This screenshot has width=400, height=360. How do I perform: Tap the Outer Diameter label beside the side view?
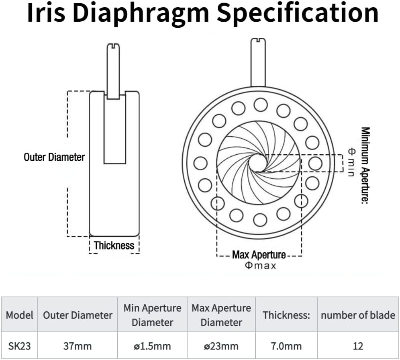(54, 157)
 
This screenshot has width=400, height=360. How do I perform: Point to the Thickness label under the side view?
(114, 245)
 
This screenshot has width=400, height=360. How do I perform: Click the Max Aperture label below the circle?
(259, 255)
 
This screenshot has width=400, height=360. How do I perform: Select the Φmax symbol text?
(260, 266)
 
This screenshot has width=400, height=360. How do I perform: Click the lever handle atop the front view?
(259, 62)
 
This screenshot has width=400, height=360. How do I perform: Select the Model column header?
(19, 315)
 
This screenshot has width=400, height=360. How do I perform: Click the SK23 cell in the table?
(19, 346)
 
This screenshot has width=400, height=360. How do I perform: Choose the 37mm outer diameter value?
(78, 346)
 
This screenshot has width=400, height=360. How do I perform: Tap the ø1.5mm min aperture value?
(153, 346)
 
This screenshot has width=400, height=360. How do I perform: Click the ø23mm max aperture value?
(221, 346)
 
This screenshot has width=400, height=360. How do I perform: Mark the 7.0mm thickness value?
(286, 346)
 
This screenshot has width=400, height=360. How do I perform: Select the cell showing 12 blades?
(358, 346)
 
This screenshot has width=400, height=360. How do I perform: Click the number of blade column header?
(358, 315)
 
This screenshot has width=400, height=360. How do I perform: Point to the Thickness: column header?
(286, 315)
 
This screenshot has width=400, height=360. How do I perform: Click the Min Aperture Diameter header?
(153, 315)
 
